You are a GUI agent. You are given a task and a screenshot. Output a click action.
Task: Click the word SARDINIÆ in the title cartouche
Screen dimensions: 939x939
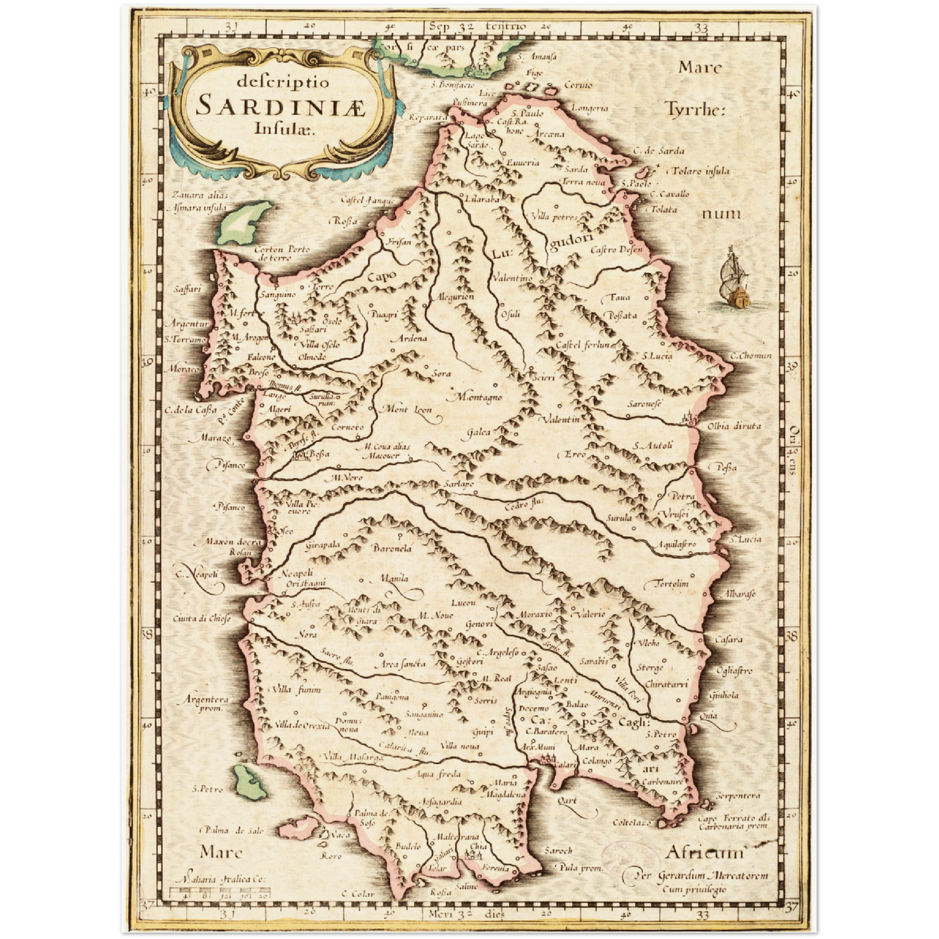[x=281, y=105]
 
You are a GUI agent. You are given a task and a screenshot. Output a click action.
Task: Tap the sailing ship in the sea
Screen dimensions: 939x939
[x=736, y=279]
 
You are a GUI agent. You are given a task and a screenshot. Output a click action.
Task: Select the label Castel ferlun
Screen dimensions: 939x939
[x=584, y=344]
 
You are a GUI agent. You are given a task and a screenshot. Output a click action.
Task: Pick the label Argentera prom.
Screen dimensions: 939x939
[x=207, y=704]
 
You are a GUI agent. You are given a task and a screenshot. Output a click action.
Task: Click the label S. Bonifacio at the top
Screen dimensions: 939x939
[x=452, y=84]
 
